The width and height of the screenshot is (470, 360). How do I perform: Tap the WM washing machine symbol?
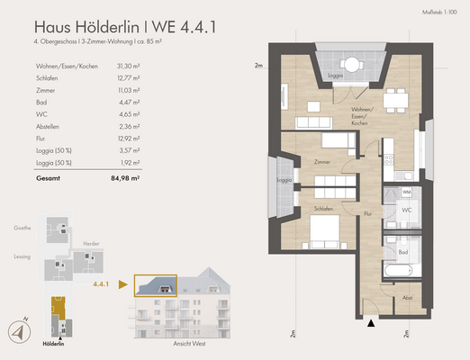[x=406, y=193]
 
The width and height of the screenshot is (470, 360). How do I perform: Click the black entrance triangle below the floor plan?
[x=371, y=321]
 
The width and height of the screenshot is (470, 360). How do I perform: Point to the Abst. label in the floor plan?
[x=407, y=298]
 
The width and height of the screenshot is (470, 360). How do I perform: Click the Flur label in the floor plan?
[x=368, y=213]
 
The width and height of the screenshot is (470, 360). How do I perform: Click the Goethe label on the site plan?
[x=23, y=228]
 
